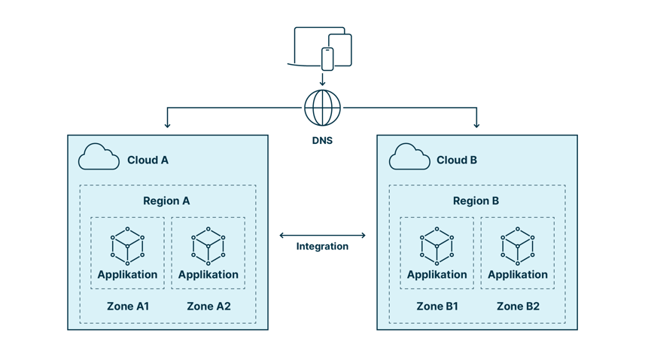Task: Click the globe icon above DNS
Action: pyautogui.click(x=322, y=108)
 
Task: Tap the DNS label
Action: pyautogui.click(x=322, y=140)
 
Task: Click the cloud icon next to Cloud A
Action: pyautogui.click(x=99, y=157)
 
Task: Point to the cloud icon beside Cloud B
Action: pyautogui.click(x=409, y=157)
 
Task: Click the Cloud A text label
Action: pyautogui.click(x=148, y=160)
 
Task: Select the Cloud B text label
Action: pyautogui.click(x=457, y=160)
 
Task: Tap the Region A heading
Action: pyautogui.click(x=166, y=201)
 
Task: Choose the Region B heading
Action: pyautogui.click(x=476, y=201)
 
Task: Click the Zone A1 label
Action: pyautogui.click(x=127, y=307)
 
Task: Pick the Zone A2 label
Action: pyautogui.click(x=208, y=307)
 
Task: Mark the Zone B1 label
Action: pyautogui.click(x=437, y=307)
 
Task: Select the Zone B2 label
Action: pyautogui.click(x=518, y=307)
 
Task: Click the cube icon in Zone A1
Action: pyautogui.click(x=127, y=246)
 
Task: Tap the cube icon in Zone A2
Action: pyautogui.click(x=208, y=246)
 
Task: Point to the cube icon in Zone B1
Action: pyautogui.click(x=437, y=246)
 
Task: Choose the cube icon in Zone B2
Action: pyautogui.click(x=518, y=246)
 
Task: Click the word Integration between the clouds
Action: pyautogui.click(x=322, y=246)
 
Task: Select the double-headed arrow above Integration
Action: pyautogui.click(x=322, y=235)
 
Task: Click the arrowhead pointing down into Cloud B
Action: pyautogui.click(x=476, y=124)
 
